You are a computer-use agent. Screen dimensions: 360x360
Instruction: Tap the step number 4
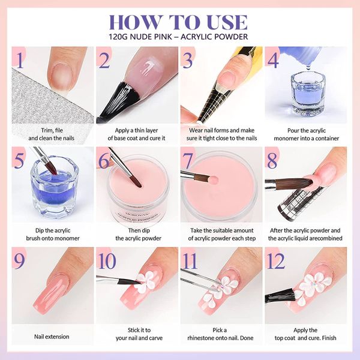pyautogui.click(x=273, y=59)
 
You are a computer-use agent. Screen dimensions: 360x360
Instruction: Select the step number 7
pyautogui.click(x=187, y=160)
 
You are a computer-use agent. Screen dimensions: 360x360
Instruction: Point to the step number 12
pyautogui.click(x=275, y=261)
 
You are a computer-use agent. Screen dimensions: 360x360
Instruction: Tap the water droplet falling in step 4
pyautogui.click(x=308, y=67)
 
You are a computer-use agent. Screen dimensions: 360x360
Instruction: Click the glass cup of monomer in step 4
pyautogui.click(x=307, y=94)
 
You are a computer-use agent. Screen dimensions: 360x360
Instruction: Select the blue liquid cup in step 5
pyautogui.click(x=54, y=187)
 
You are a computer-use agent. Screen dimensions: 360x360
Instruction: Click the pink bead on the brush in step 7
pyautogui.click(x=214, y=179)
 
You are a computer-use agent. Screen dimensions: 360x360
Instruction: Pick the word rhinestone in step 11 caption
pyautogui.click(x=203, y=338)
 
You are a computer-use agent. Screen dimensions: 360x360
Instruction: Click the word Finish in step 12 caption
pyautogui.click(x=329, y=338)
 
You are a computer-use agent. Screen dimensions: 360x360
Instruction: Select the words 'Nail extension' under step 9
pyautogui.click(x=52, y=337)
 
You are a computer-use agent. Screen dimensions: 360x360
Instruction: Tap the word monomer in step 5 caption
pyautogui.click(x=67, y=238)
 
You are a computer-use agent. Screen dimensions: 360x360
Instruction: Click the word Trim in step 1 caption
pyautogui.click(x=46, y=130)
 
